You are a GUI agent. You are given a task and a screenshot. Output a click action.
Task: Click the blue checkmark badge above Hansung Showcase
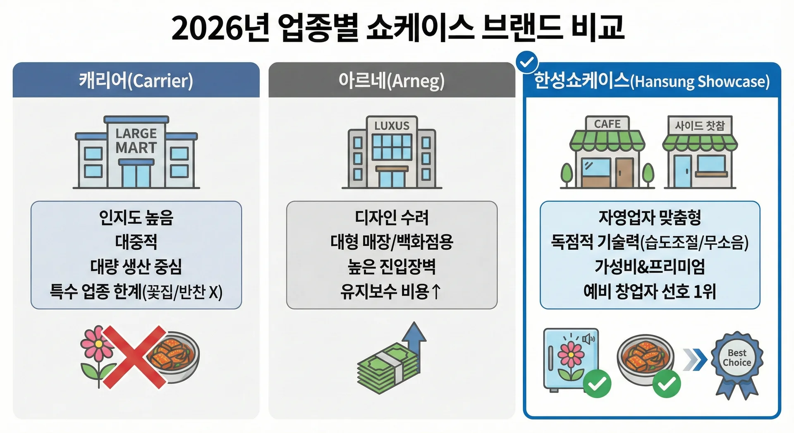click(x=527, y=62)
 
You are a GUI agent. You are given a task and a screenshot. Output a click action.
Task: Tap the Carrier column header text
click(x=136, y=80)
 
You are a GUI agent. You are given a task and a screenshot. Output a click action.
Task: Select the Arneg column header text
click(x=392, y=80)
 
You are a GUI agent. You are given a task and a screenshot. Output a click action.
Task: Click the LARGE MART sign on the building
click(x=136, y=141)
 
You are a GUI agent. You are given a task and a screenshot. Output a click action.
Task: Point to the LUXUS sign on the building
click(x=392, y=126)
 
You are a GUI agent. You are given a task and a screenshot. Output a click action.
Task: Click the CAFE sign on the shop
click(x=607, y=124)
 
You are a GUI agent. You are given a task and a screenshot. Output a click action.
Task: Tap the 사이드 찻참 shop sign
click(x=700, y=125)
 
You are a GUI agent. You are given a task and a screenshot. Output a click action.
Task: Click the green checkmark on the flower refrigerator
click(x=597, y=383)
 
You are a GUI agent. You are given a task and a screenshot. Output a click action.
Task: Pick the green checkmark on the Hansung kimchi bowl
click(x=666, y=383)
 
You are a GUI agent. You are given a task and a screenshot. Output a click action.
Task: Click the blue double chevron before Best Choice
click(x=695, y=359)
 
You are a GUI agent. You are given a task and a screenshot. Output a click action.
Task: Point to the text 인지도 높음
click(x=136, y=218)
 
